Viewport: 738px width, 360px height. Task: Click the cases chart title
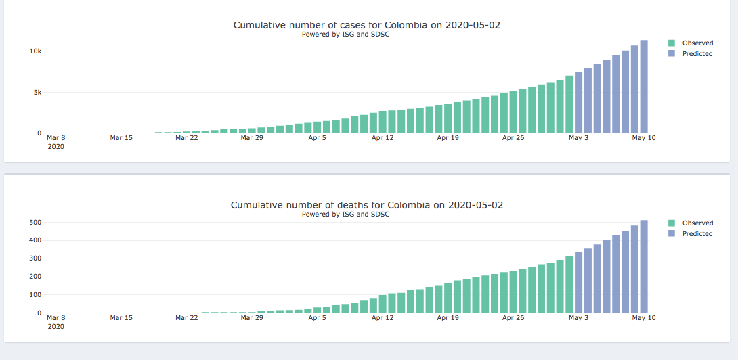(366, 25)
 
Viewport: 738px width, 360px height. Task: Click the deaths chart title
(366, 205)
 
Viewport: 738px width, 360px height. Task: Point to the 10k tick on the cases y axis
(35, 51)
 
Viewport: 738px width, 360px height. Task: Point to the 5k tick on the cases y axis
(37, 93)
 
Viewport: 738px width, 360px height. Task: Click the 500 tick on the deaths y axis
(34, 223)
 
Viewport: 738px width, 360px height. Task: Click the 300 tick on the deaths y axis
(34, 259)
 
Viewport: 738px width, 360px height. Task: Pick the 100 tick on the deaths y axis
(34, 296)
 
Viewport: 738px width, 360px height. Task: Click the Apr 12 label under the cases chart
(383, 138)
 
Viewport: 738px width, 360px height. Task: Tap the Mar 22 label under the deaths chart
(186, 318)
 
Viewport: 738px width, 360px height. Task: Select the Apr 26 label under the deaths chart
(513, 318)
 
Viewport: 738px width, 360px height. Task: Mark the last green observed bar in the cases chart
(569, 104)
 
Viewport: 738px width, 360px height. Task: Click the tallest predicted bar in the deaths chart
(644, 267)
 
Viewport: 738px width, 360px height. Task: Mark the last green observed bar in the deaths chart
(569, 284)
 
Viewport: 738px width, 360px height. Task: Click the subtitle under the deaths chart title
(345, 215)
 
